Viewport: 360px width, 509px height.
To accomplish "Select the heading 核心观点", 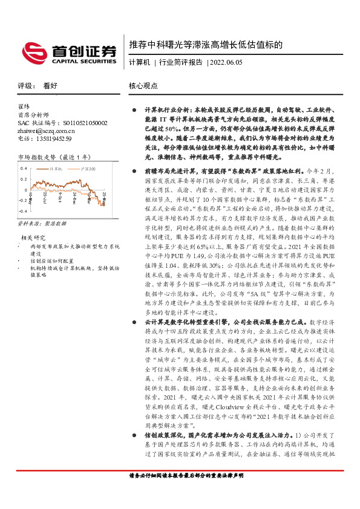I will point(143,86).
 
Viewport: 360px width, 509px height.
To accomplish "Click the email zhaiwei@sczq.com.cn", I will point(50,131).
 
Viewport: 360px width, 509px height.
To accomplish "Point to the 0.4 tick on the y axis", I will point(24,167).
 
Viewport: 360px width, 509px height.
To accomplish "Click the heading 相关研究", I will point(34,237).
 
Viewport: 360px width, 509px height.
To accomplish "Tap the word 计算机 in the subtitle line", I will point(139,62).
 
